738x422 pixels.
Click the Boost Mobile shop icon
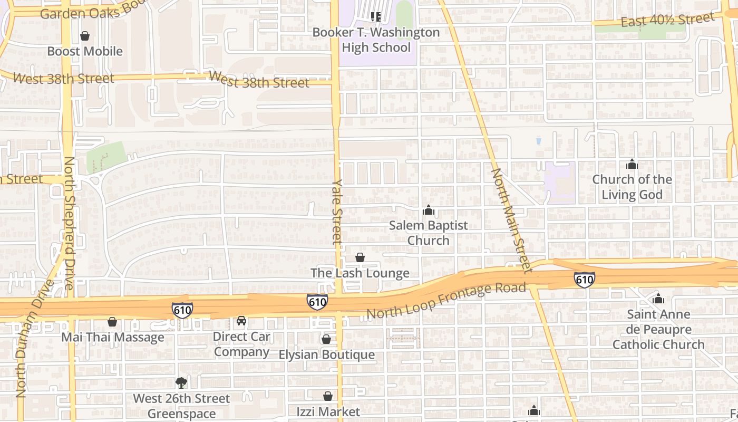(x=84, y=36)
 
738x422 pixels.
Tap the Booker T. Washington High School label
(x=376, y=40)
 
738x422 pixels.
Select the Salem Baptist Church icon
(x=428, y=210)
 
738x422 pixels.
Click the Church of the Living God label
(x=632, y=187)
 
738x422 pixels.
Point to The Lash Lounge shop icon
(x=360, y=257)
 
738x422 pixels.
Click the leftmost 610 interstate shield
(x=182, y=310)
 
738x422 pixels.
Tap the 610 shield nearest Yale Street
(x=317, y=302)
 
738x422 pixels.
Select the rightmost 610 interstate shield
(x=585, y=280)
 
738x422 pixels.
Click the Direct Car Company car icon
(x=241, y=321)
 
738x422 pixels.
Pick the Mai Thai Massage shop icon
(x=112, y=322)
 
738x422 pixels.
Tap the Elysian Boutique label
(x=327, y=354)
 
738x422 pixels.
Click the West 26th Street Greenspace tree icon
(x=181, y=382)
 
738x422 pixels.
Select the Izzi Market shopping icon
(x=328, y=396)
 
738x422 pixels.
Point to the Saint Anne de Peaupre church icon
(x=658, y=299)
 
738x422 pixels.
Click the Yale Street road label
(x=337, y=211)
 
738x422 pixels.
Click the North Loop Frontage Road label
(x=446, y=301)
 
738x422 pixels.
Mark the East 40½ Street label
(x=667, y=20)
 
